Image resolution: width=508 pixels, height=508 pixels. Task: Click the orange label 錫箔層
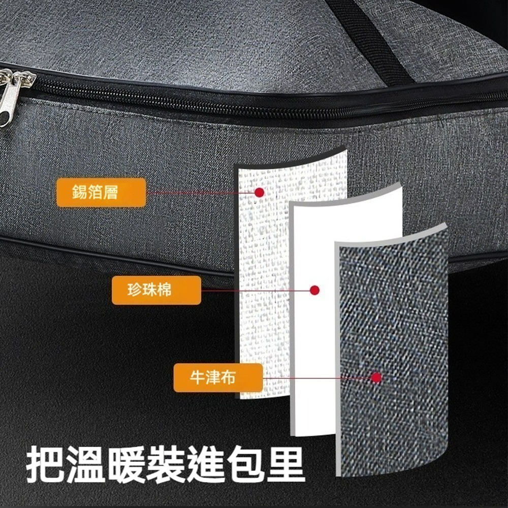pyautogui.click(x=101, y=193)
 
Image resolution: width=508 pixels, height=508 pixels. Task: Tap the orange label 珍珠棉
pyautogui.click(x=156, y=291)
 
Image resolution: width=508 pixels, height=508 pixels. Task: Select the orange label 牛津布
pyautogui.click(x=218, y=377)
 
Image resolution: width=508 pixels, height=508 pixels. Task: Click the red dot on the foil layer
pyautogui.click(x=259, y=192)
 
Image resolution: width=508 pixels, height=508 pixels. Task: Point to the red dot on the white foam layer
pyautogui.click(x=314, y=290)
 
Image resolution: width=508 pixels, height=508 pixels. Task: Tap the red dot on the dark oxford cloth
pyautogui.click(x=376, y=377)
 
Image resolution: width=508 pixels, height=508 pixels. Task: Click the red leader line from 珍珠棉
pyautogui.click(x=254, y=291)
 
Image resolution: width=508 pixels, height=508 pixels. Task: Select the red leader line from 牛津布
pyautogui.click(x=315, y=378)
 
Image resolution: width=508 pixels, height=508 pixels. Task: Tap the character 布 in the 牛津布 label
pyautogui.click(x=229, y=377)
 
